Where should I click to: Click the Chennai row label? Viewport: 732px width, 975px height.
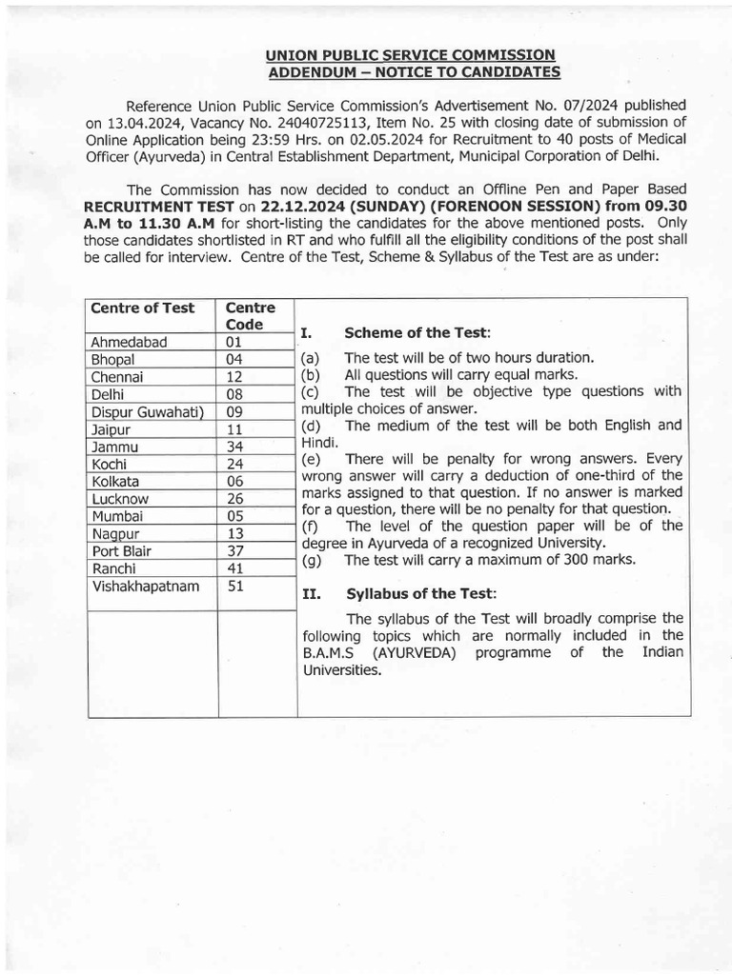pyautogui.click(x=117, y=377)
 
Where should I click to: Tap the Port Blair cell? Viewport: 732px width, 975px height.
pyautogui.click(x=122, y=550)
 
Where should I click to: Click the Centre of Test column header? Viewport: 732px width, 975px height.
pyautogui.click(x=142, y=308)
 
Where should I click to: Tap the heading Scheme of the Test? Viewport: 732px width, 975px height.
pyautogui.click(x=417, y=332)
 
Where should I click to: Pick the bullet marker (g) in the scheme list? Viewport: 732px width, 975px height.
pyautogui.click(x=312, y=561)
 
